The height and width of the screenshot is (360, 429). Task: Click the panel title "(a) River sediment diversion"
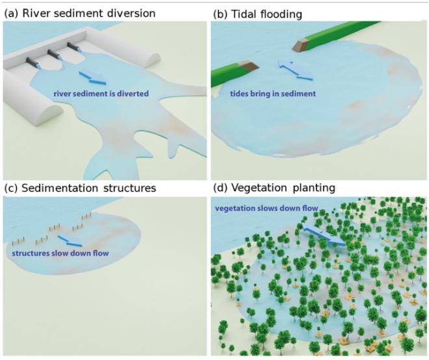81,12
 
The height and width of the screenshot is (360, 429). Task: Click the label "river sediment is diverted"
101,94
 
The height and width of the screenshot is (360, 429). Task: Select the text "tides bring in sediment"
273,94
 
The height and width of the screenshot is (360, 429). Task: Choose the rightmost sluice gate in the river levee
72,47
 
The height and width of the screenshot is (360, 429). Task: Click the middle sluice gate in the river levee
52,54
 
